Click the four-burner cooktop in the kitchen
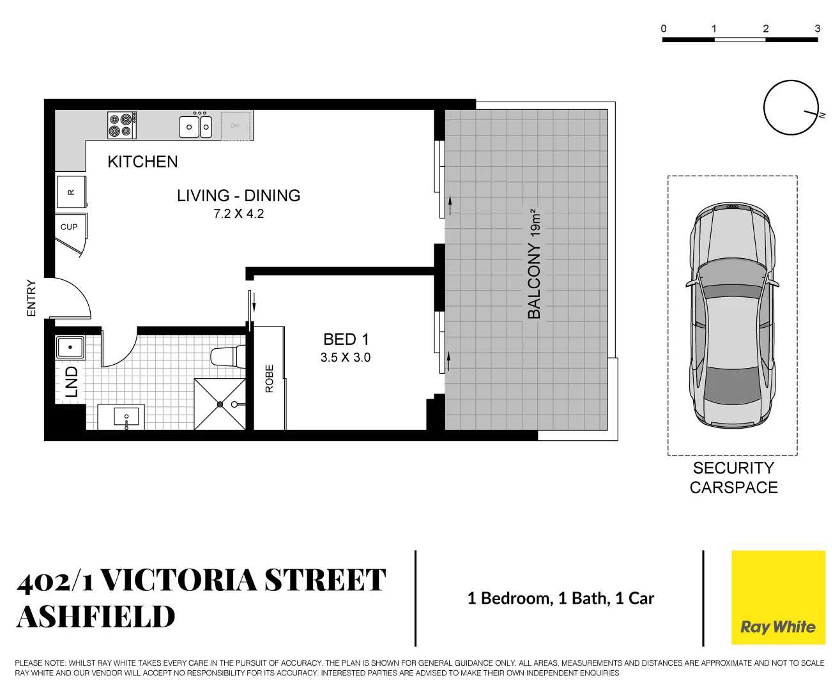coord(121,125)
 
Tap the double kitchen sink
coord(195,126)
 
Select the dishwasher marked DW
coord(236,126)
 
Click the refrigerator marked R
coord(71,192)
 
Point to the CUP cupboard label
coord(69,227)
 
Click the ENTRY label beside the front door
coord(31,298)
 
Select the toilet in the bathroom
coord(226,356)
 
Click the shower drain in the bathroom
coord(220,404)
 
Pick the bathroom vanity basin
coord(126,417)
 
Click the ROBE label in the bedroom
coord(269,378)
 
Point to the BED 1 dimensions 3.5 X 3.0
coord(346,358)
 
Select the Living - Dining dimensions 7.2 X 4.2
coord(238,214)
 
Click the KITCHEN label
coord(142,162)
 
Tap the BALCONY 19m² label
coord(534,263)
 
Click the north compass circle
coord(791,107)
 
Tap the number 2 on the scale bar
coord(765,29)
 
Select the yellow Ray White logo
coord(777,597)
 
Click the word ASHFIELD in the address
coord(96,617)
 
